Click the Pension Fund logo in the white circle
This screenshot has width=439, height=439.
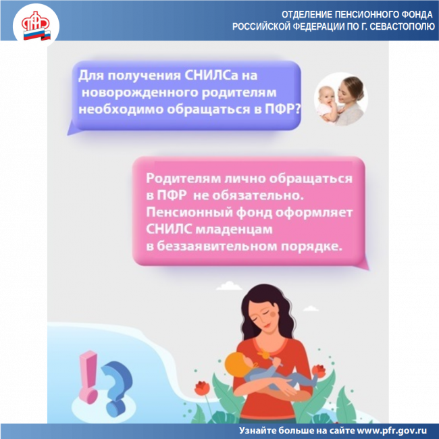click(36, 26)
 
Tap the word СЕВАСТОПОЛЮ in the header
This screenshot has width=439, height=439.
click(403, 26)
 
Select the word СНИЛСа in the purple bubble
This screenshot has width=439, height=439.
click(211, 76)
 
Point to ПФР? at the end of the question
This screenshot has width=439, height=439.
click(282, 109)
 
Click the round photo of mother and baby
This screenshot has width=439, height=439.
click(340, 99)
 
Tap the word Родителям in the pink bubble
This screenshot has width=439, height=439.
click(183, 178)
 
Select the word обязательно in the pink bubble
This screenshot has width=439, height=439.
click(258, 195)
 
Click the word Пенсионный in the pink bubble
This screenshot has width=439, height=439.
click(189, 213)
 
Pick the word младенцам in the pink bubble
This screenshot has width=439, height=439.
click(234, 230)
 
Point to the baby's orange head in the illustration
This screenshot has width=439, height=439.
click(236, 364)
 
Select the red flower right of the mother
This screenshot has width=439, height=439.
click(319, 371)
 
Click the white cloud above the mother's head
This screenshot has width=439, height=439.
click(229, 286)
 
